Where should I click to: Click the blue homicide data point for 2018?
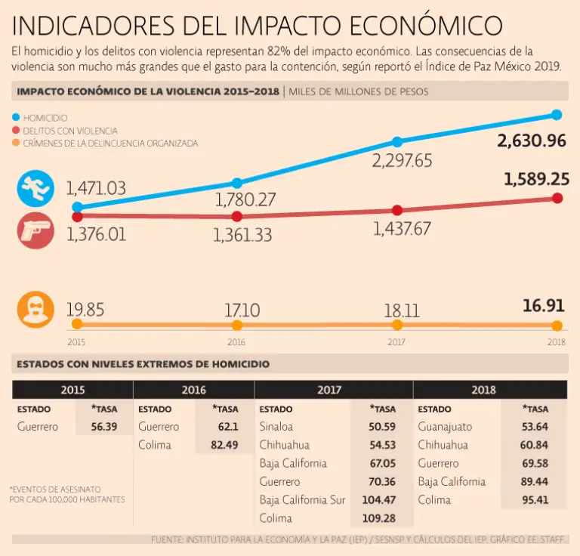click(x=557, y=115)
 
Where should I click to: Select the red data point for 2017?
click(x=397, y=210)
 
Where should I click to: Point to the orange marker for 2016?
click(x=236, y=325)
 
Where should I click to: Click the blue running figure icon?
click(x=35, y=188)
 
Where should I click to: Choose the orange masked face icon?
click(x=35, y=310)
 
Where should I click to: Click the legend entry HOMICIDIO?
click(x=45, y=119)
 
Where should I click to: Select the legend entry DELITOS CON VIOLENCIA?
click(x=69, y=131)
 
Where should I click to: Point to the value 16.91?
click(x=543, y=307)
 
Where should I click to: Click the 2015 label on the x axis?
click(x=76, y=341)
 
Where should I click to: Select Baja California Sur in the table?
click(x=302, y=500)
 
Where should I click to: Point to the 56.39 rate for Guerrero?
click(x=103, y=427)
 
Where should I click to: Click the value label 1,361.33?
click(x=242, y=235)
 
